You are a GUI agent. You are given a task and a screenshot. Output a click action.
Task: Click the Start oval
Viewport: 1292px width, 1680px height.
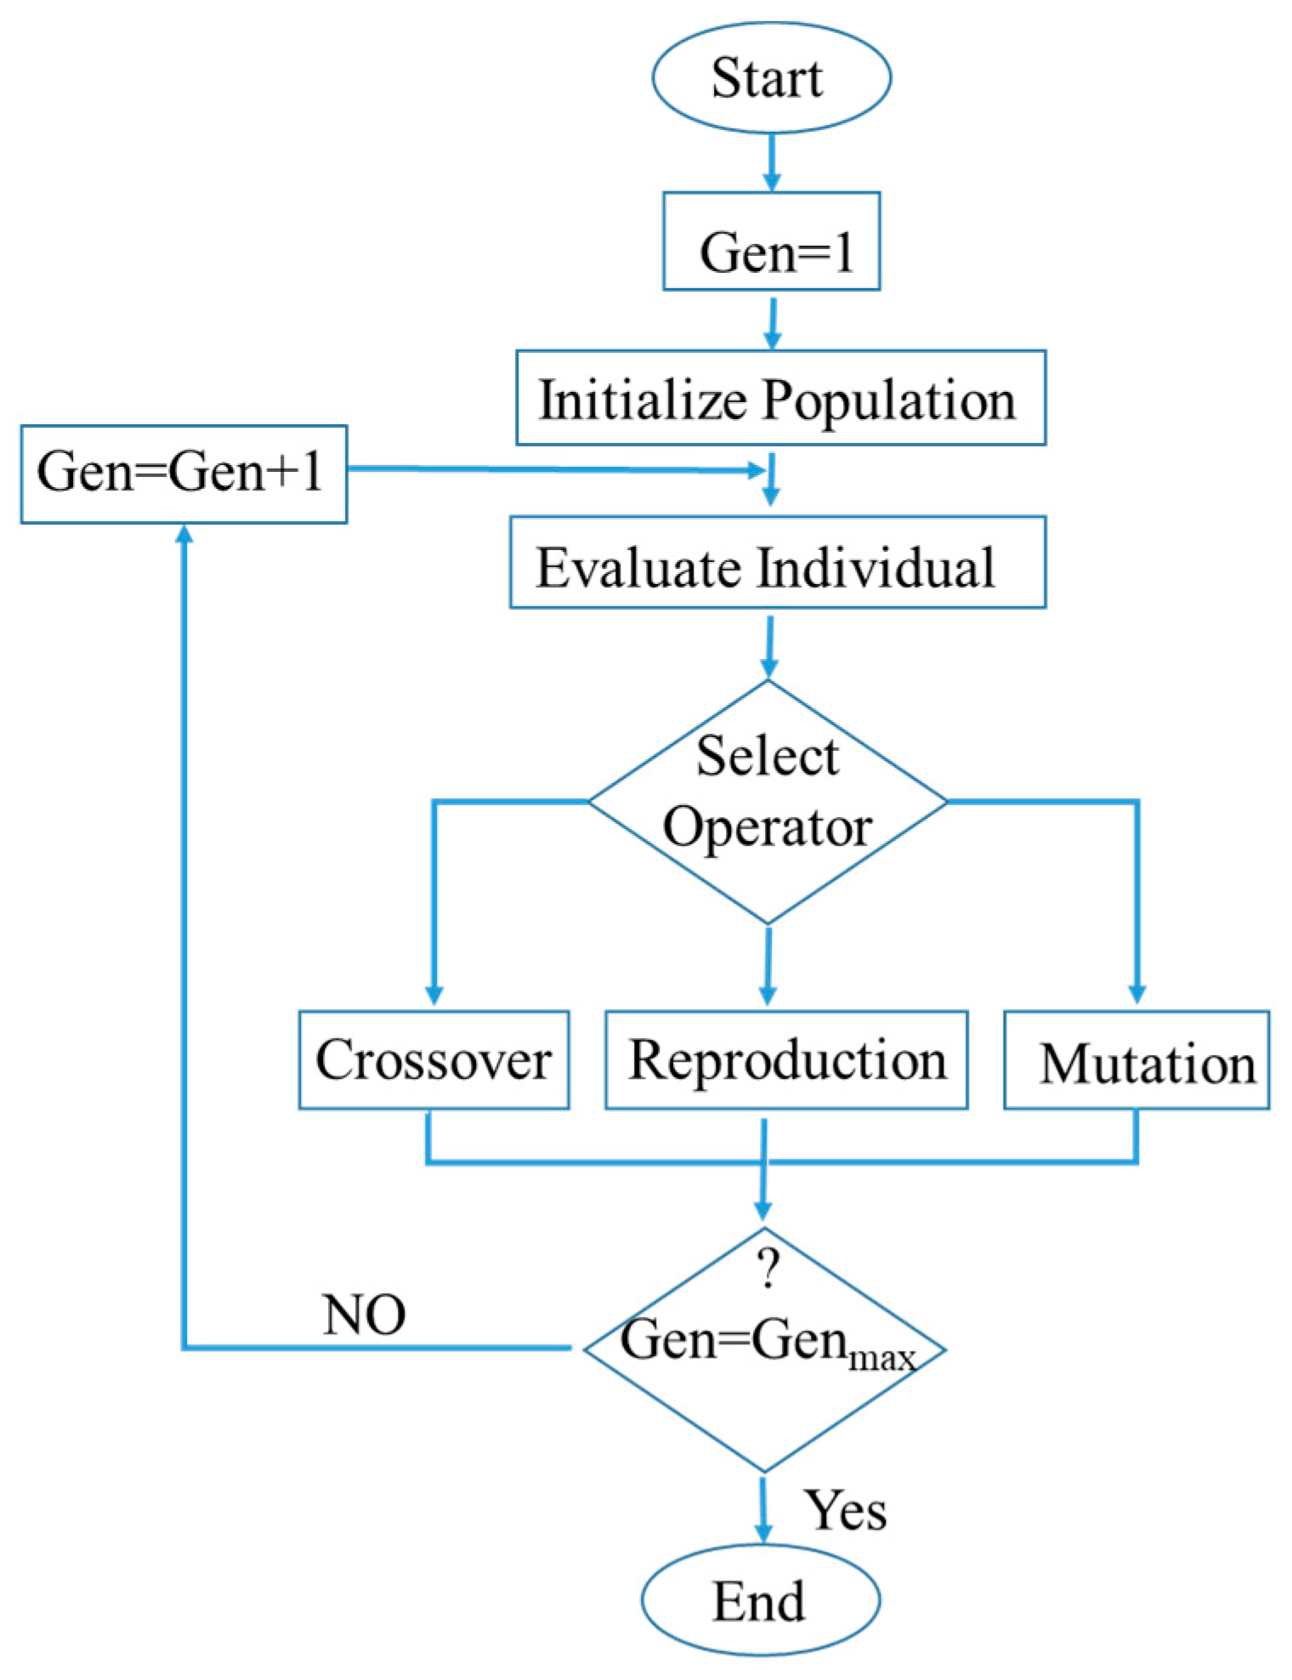(x=770, y=77)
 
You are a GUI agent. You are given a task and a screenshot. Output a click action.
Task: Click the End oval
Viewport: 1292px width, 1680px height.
(x=760, y=1601)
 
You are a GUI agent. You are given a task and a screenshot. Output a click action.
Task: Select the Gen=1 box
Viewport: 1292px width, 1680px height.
(x=771, y=242)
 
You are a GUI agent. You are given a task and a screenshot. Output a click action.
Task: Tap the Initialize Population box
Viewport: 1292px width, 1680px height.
(x=780, y=398)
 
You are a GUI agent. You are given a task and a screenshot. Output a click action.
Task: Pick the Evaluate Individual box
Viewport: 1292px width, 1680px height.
(x=777, y=563)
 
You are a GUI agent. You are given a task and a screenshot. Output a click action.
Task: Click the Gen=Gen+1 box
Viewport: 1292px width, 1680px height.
(x=184, y=474)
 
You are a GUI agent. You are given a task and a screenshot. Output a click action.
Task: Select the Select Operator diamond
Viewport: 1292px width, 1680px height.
(x=768, y=802)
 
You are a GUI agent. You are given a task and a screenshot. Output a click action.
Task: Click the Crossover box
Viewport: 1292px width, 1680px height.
(x=433, y=1059)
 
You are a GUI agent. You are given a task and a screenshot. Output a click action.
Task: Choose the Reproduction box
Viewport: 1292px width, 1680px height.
(x=786, y=1059)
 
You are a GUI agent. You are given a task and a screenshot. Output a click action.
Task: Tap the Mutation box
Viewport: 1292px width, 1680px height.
(x=1136, y=1060)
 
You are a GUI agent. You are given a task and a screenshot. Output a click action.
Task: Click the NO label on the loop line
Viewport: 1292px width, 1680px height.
(x=364, y=1315)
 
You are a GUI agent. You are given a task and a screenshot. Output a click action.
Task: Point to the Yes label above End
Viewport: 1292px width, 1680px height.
(x=846, y=1511)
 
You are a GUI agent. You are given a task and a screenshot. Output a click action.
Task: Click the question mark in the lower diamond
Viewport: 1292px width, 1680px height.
(x=768, y=1270)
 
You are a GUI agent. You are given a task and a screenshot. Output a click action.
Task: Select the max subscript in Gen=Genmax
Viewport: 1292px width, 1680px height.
(x=883, y=1357)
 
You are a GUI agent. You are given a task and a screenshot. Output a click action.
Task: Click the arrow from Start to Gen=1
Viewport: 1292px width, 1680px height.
(x=771, y=162)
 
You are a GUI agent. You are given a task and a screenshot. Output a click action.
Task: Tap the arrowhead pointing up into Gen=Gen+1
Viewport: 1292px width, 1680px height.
(x=184, y=536)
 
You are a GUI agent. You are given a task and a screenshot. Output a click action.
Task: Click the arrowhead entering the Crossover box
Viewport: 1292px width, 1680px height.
(x=433, y=994)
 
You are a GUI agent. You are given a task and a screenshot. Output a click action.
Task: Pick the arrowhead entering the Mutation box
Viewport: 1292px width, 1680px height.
(x=1136, y=994)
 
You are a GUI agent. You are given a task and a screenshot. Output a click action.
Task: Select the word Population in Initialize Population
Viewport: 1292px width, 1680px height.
(x=888, y=400)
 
